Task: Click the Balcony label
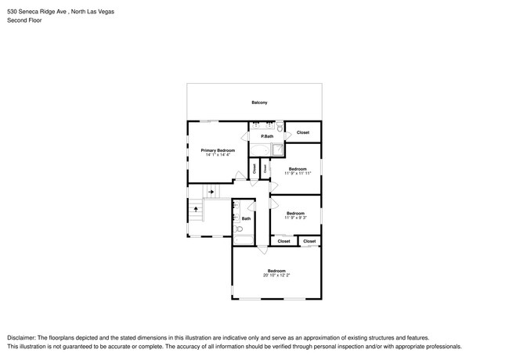259,103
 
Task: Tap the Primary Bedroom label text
218,150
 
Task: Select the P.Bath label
267,136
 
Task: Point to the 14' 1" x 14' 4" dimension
218,155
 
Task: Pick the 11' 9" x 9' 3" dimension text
295,218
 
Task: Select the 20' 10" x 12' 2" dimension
277,275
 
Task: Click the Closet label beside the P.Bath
302,132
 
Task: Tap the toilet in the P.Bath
280,126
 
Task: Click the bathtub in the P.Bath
259,149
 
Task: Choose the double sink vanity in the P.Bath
262,126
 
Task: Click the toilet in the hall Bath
238,230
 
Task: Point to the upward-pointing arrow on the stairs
195,209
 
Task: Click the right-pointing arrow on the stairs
211,191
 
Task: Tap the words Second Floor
24,20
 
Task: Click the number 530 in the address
12,11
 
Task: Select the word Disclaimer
22,336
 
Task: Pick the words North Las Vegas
98,11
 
